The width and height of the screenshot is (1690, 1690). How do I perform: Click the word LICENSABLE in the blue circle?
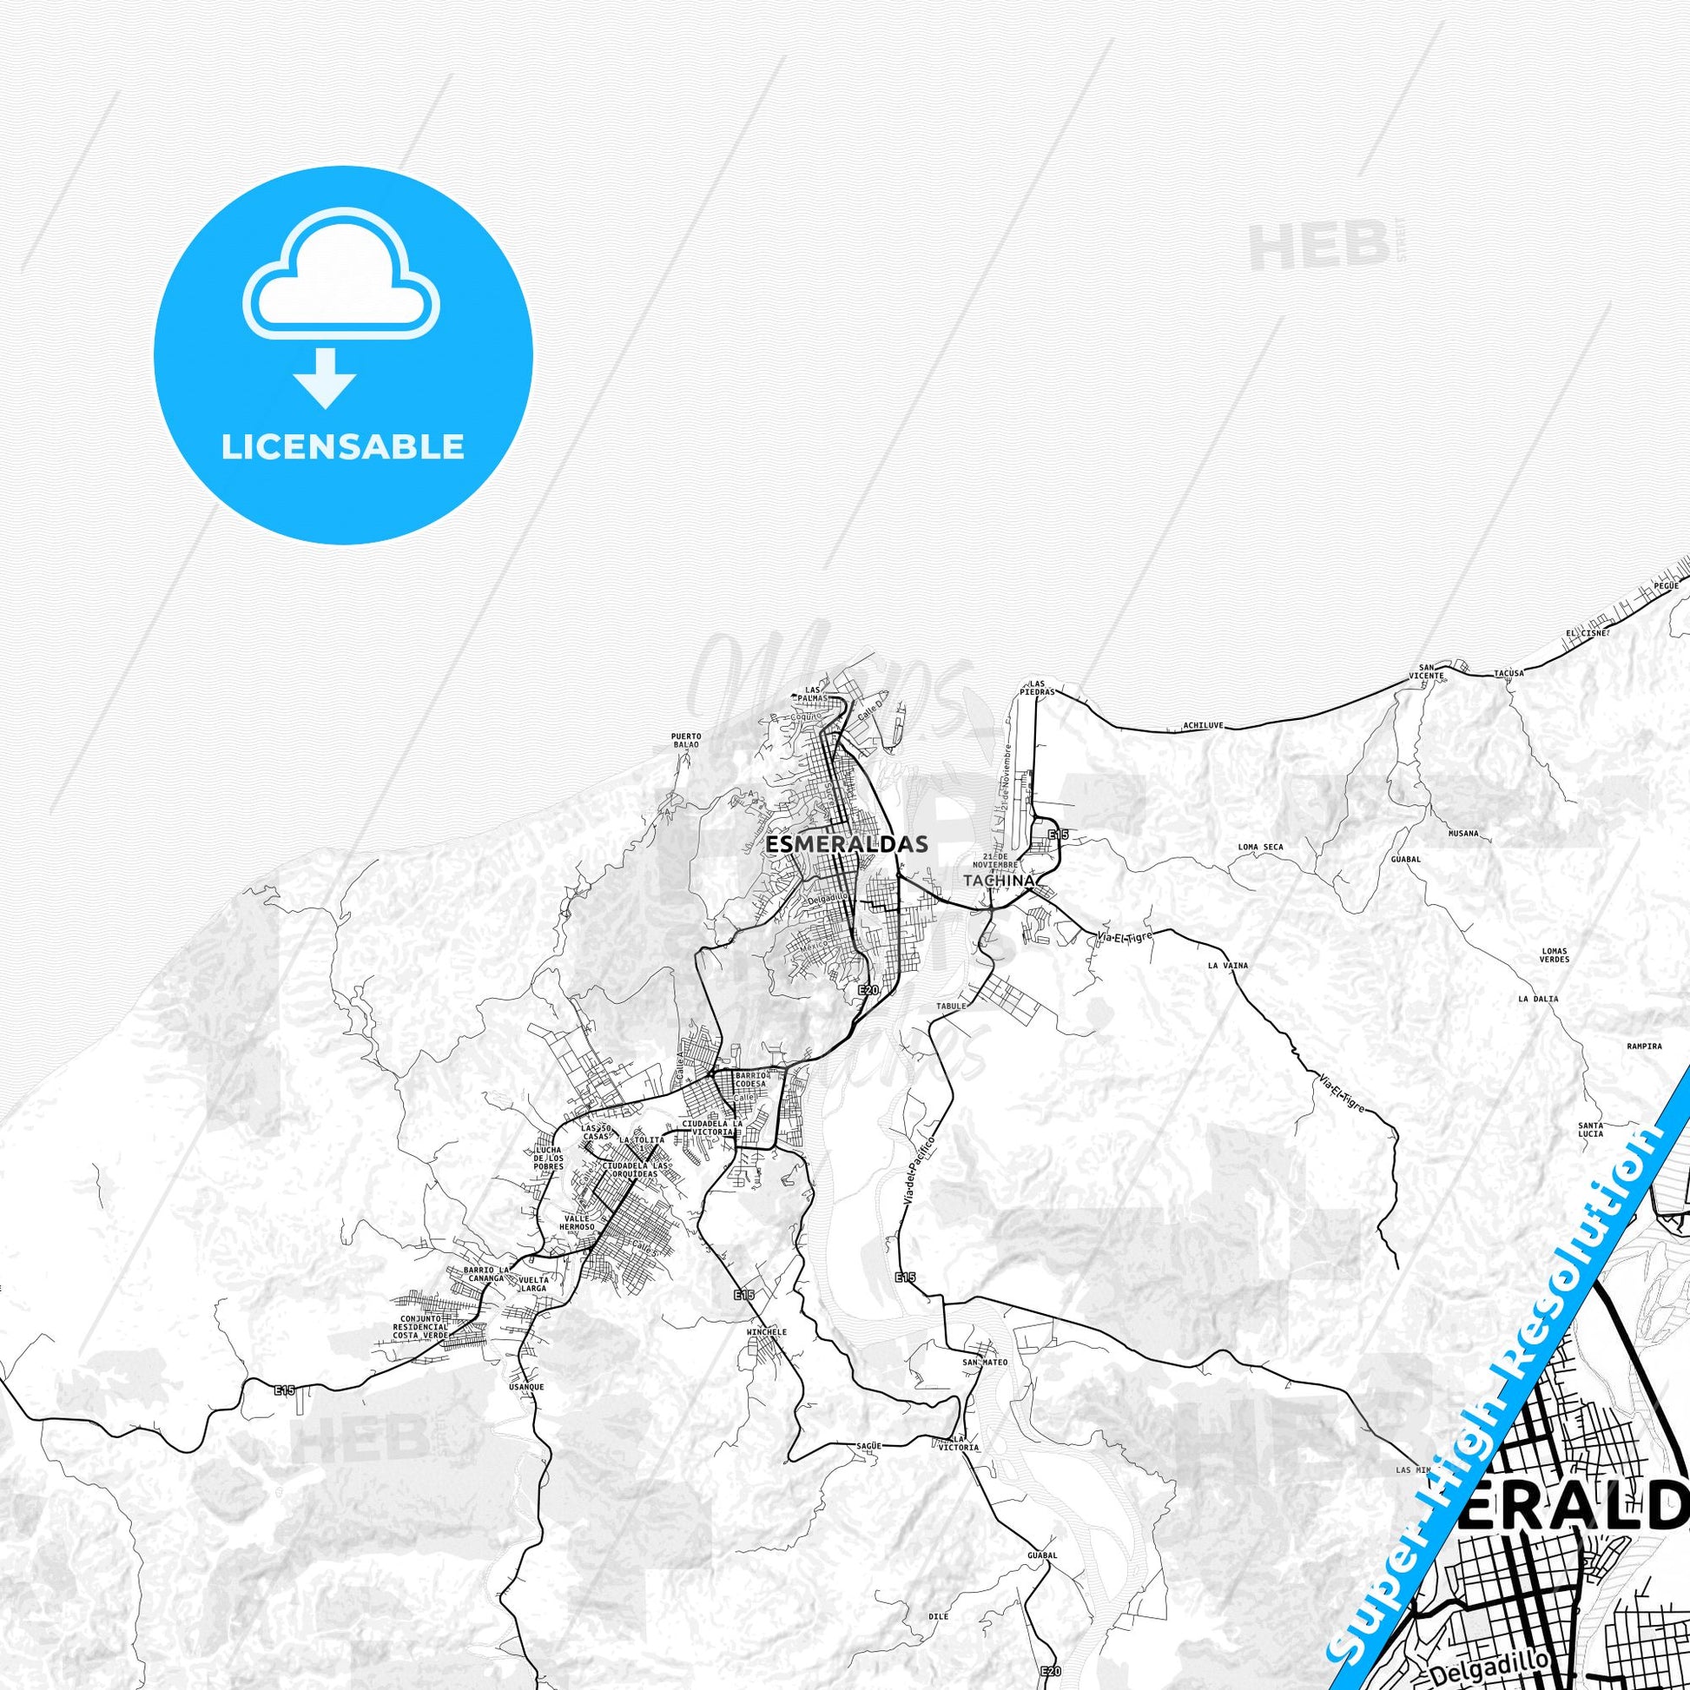pos(343,447)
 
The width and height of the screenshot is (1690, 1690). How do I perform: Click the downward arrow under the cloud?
pos(325,378)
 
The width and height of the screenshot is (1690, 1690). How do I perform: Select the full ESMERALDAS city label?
pos(834,845)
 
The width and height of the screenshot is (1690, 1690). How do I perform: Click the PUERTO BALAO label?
pos(687,740)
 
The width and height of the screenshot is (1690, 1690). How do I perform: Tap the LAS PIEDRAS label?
pos(1038,687)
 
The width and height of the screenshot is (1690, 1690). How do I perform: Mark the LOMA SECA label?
pos(1260,847)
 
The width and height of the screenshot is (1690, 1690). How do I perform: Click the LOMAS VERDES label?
pos(1555,955)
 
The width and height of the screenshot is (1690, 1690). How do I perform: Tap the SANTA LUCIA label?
pos(1590,1129)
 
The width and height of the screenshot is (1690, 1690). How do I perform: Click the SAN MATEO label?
pos(986,1363)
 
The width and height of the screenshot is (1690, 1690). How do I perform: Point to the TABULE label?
pos(953,1006)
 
